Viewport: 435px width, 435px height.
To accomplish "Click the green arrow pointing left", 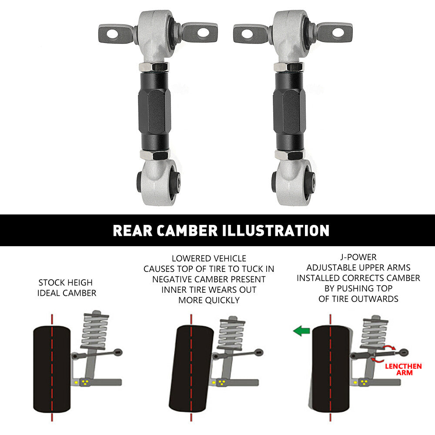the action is (301, 331).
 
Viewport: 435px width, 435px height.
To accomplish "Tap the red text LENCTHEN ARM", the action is (403, 369).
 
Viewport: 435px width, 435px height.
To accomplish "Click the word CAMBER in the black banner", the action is (187, 231).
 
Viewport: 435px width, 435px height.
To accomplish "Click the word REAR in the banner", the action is (133, 231).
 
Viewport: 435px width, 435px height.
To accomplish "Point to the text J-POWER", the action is (358, 257).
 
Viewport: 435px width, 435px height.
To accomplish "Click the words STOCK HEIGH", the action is (66, 282).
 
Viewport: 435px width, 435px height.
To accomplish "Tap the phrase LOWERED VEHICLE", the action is (209, 258).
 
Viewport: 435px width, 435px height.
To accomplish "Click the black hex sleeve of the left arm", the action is (154, 111).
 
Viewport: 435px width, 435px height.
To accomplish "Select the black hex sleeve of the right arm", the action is (289, 111).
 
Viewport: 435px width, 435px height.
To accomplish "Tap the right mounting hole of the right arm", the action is (338, 33).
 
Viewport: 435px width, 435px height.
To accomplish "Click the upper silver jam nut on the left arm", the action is (154, 67).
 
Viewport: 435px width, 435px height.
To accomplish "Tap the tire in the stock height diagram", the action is (52, 369).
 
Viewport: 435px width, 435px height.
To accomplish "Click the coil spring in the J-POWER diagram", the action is (375, 333).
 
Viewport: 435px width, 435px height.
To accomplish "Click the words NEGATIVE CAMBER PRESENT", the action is (209, 279).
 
